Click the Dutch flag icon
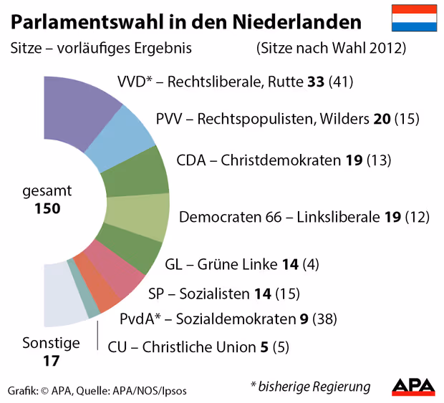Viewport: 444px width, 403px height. [x=414, y=18]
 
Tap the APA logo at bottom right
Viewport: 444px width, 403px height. [x=413, y=387]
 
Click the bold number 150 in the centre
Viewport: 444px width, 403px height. [x=47, y=209]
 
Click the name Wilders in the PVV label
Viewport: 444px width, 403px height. [x=346, y=119]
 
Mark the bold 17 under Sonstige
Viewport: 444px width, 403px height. [x=50, y=361]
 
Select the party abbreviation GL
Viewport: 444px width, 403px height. [x=174, y=264]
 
